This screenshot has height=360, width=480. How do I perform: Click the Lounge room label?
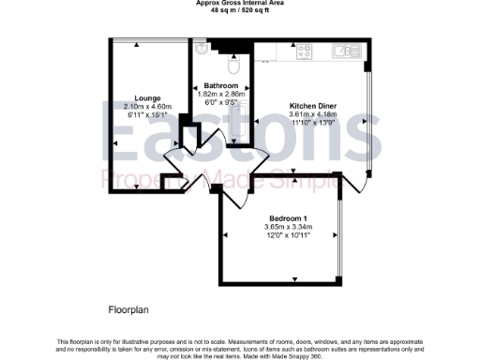pyautogui.click(x=147, y=98)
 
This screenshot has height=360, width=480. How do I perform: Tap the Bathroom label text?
pyautogui.click(x=221, y=85)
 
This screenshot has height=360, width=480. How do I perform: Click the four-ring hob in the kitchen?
pyautogui.click(x=305, y=53)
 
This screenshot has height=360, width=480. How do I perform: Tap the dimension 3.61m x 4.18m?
pyautogui.click(x=312, y=115)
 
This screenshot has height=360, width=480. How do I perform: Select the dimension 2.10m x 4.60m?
pyautogui.click(x=147, y=107)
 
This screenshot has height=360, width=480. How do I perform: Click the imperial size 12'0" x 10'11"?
pyautogui.click(x=288, y=234)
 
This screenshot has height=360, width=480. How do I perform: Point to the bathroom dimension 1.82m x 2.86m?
pyautogui.click(x=221, y=94)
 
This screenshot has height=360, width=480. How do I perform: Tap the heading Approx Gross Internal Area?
pyautogui.click(x=240, y=4)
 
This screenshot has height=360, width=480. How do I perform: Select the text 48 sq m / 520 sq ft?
pyautogui.click(x=240, y=11)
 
